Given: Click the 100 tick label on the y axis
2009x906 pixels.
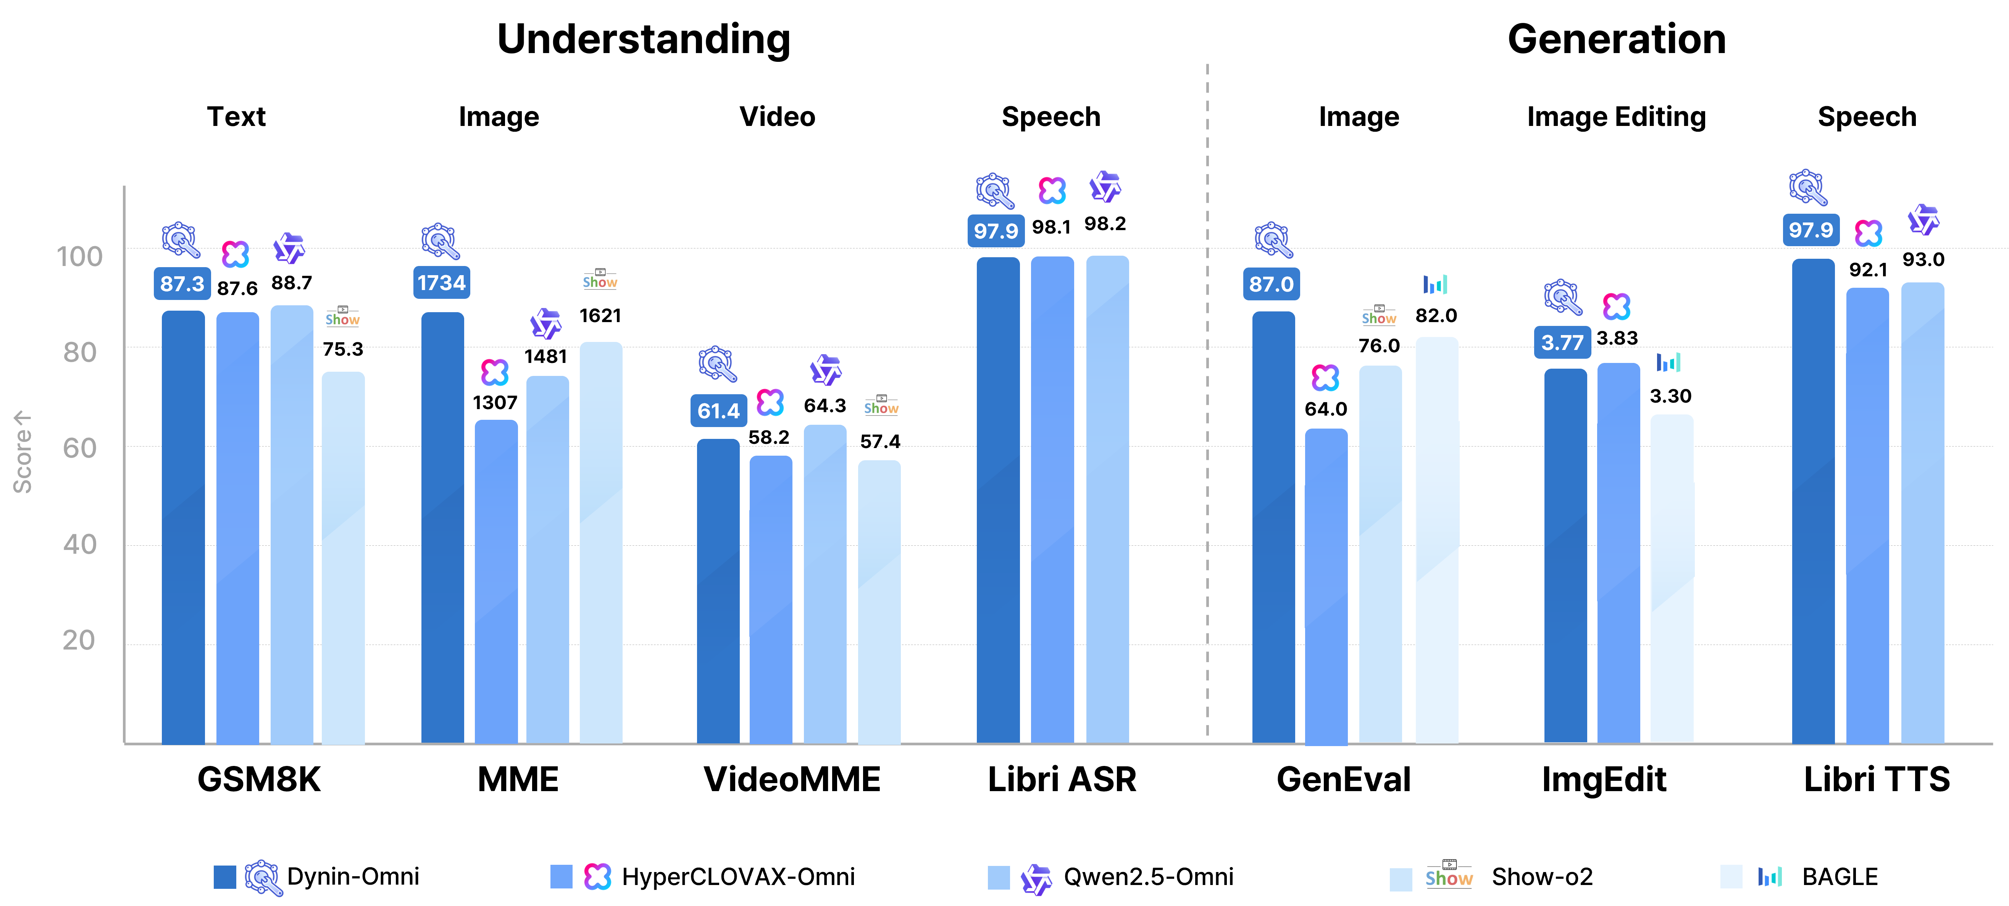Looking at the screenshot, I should [x=79, y=256].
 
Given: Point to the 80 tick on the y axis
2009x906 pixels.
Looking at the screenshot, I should [x=79, y=352].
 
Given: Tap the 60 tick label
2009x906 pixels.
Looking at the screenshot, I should [x=79, y=448].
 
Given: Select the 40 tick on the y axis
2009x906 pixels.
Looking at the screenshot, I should [x=79, y=544].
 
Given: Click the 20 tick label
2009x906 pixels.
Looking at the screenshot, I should [x=79, y=640].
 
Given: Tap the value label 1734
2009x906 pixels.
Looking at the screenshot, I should [x=441, y=282].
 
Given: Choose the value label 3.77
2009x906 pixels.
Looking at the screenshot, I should [x=1562, y=342].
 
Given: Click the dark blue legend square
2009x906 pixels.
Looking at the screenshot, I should [x=224, y=877].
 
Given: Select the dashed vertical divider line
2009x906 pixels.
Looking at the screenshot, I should [x=1207, y=390].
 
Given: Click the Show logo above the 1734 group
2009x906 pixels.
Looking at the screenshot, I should [x=600, y=281].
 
